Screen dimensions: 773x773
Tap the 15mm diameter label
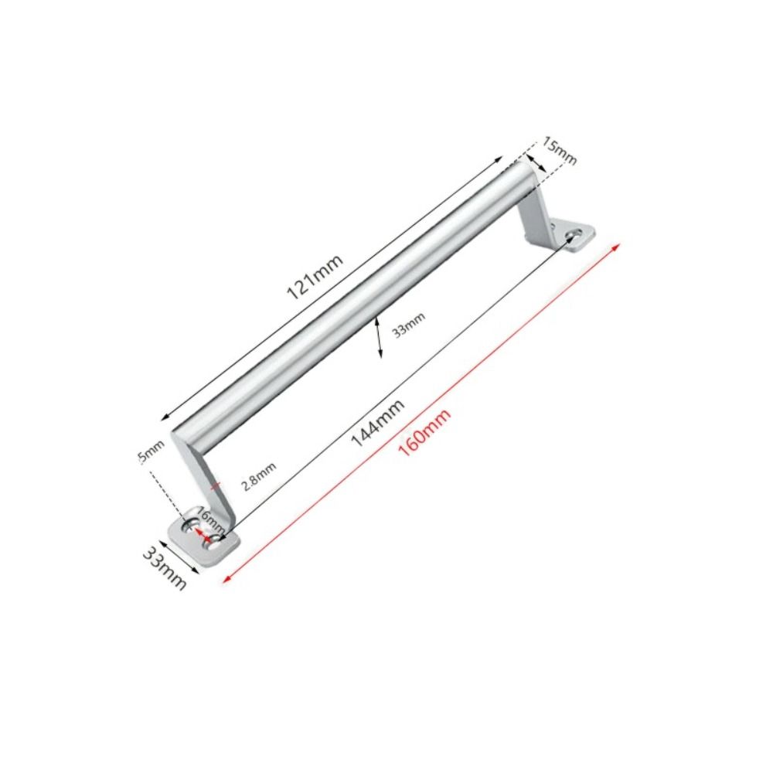(560, 150)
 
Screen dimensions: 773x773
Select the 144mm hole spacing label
(377, 423)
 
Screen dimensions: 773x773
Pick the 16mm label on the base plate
(209, 517)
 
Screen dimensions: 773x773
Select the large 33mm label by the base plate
(165, 567)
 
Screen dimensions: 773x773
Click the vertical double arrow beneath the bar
(377, 337)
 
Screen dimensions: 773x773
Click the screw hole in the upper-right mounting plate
(574, 233)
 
